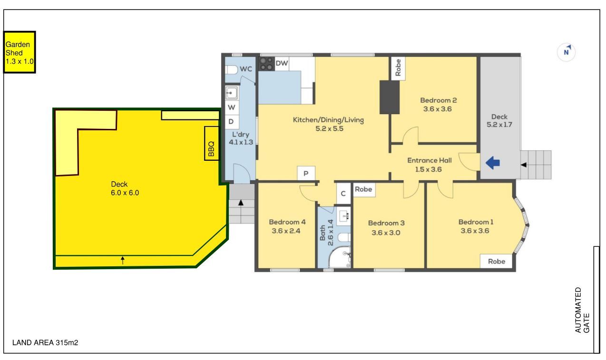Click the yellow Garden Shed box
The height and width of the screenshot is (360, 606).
tap(20, 52)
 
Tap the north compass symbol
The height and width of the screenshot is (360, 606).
tap(566, 52)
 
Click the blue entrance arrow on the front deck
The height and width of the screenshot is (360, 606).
tap(493, 163)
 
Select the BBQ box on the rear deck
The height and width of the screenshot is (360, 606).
tap(211, 143)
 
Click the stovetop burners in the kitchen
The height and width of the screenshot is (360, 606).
tap(266, 64)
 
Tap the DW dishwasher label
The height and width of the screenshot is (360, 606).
tap(282, 63)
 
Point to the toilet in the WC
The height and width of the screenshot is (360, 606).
tap(231, 70)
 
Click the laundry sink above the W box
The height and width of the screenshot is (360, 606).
tap(232, 93)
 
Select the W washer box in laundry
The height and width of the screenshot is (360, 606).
tap(232, 107)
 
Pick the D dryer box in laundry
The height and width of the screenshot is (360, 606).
tap(232, 121)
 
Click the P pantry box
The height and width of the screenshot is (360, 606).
tap(306, 174)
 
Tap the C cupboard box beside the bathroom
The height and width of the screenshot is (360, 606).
tap(343, 194)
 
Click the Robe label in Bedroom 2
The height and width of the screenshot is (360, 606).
tap(398, 68)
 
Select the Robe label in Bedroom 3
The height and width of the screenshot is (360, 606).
tap(363, 189)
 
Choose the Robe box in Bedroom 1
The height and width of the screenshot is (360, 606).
tap(497, 261)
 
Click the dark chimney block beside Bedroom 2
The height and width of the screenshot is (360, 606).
tap(390, 97)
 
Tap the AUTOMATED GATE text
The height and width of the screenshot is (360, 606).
tap(582, 310)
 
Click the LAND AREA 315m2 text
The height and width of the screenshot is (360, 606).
tap(45, 343)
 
